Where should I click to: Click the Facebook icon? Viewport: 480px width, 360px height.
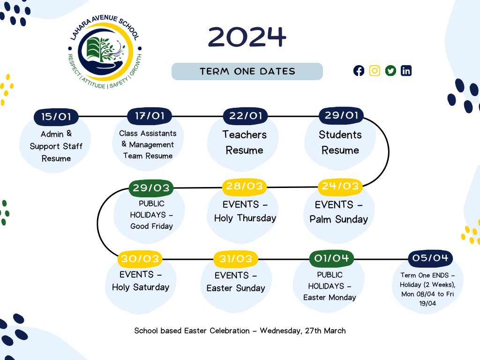359,71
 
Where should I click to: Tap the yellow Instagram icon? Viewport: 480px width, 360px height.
375,71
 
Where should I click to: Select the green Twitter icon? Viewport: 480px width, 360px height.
390,71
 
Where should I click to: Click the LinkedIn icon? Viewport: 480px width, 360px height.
406,71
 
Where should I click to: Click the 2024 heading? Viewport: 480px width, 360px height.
247,37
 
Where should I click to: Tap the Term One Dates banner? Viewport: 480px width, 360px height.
247,72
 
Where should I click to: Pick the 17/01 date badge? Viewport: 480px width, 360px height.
150,116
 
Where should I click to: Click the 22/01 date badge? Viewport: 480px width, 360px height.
245,116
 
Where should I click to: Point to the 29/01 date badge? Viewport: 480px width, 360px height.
341,115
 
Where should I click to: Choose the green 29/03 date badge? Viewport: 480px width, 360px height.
151,188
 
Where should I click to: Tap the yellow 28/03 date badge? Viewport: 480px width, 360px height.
244,187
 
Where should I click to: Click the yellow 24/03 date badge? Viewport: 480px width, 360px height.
340,186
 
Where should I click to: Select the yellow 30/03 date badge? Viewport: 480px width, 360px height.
140,259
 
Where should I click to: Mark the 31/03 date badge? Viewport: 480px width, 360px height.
235,259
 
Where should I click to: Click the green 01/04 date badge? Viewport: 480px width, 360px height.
331,258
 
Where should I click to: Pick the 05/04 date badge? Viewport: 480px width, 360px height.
430,258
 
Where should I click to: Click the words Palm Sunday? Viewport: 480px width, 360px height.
339,219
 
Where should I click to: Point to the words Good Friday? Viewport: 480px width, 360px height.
151,226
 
